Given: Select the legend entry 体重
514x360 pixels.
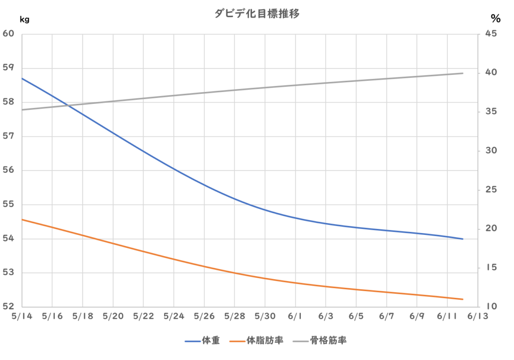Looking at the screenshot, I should [210, 341].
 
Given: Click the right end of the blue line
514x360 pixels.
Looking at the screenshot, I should [463, 238].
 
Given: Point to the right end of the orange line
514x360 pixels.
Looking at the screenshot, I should [463, 299].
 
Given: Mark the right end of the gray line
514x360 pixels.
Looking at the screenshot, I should [463, 73].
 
